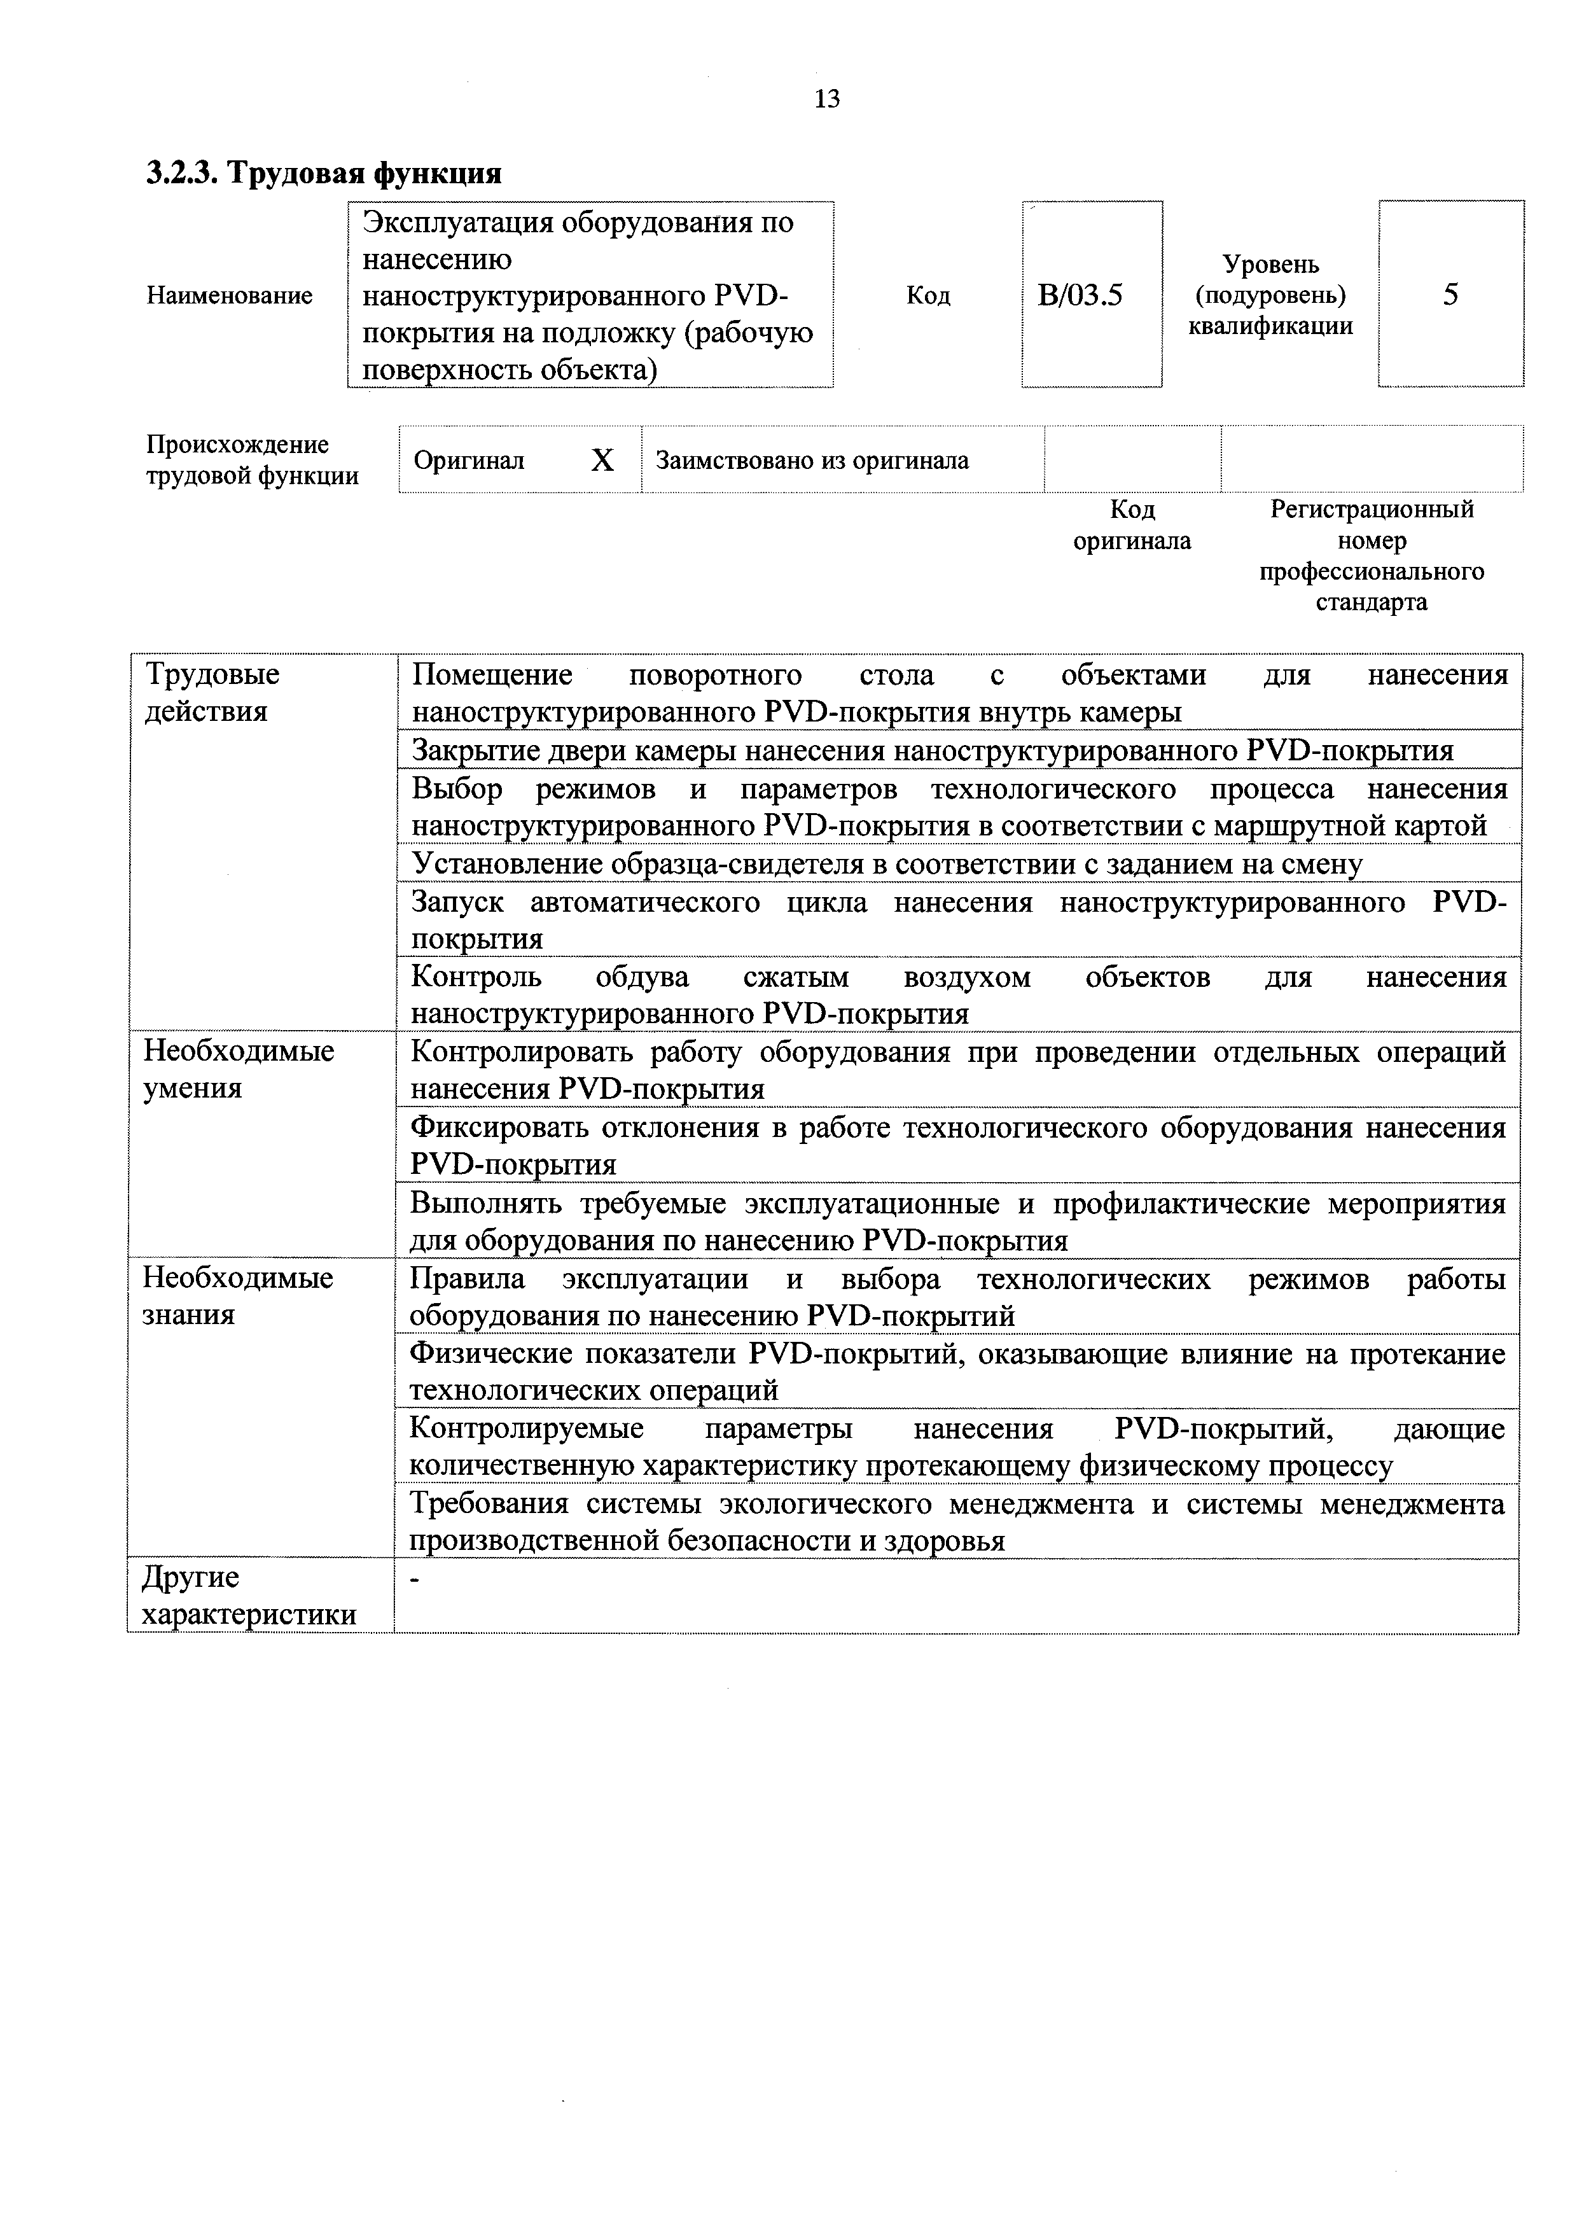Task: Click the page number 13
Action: tap(827, 99)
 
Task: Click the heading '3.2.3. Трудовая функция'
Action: tap(324, 173)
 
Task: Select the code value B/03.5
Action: tap(1080, 295)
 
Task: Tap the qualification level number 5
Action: tap(1450, 295)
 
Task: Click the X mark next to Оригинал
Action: tap(602, 460)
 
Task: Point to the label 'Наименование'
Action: tap(229, 295)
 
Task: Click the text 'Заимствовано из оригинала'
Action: tap(812, 460)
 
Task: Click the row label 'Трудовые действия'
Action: tap(212, 692)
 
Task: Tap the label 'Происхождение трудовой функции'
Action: tap(253, 460)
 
